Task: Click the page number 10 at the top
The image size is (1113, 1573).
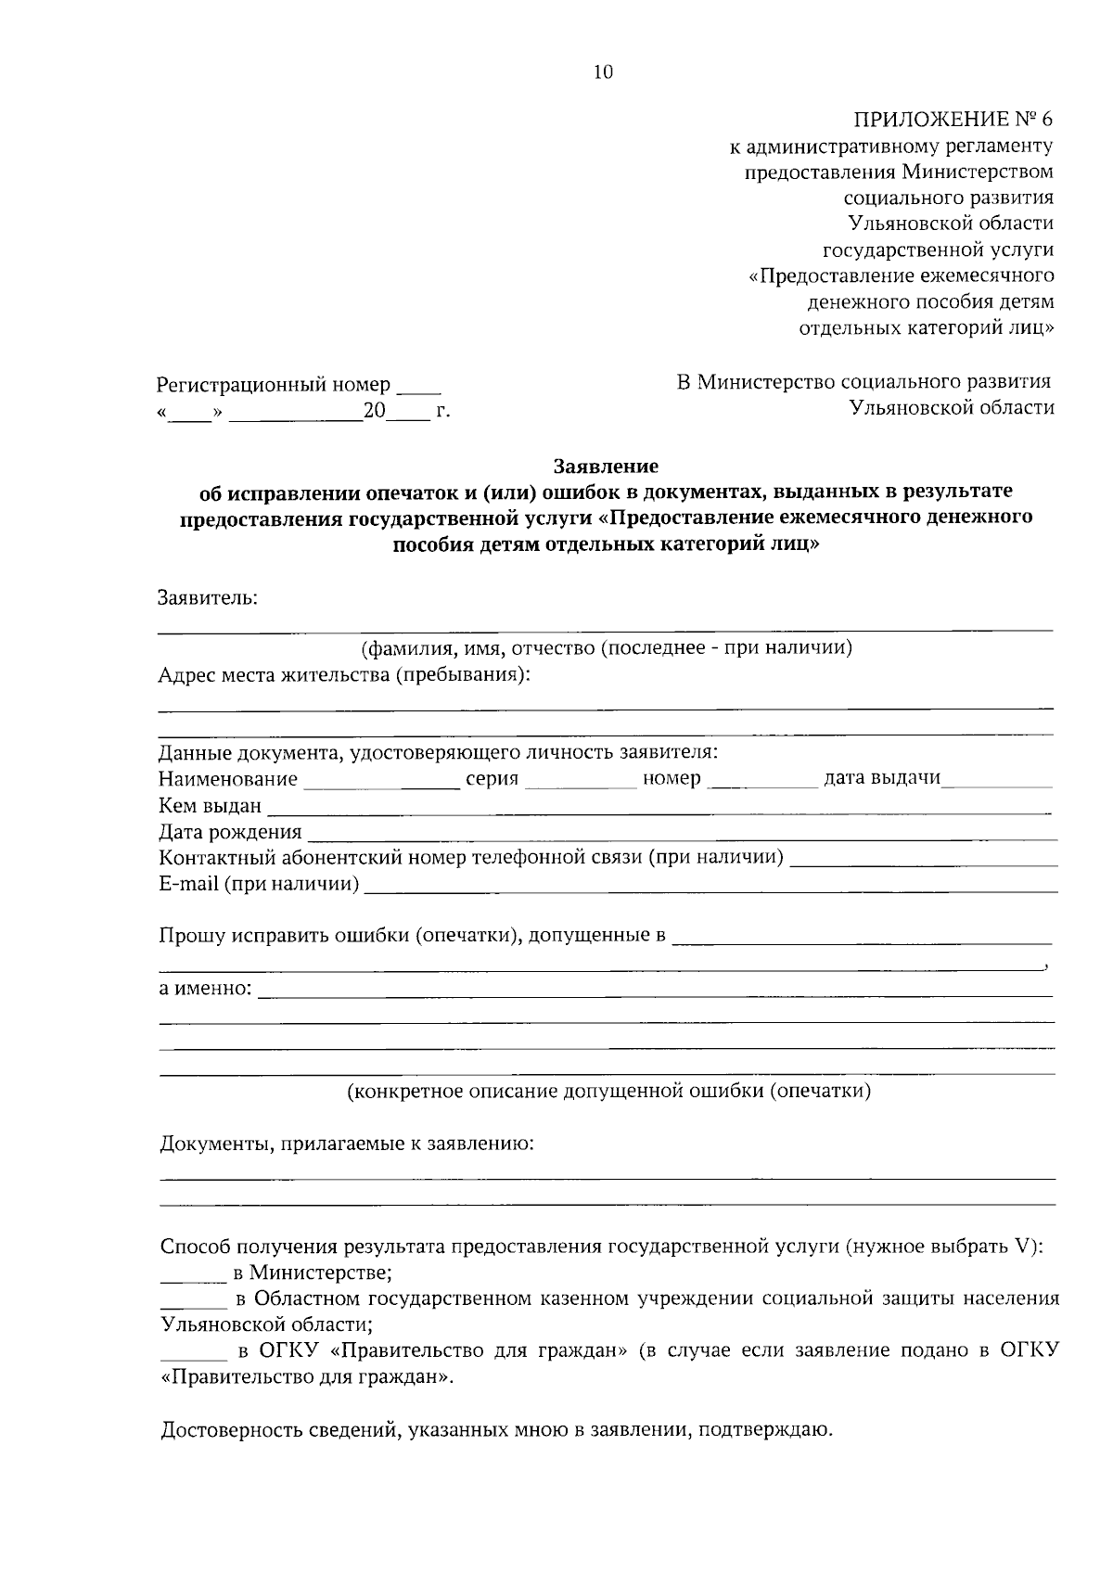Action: coord(604,72)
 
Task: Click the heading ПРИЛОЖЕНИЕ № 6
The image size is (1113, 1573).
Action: coord(953,120)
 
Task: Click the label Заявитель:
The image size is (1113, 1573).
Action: coord(208,598)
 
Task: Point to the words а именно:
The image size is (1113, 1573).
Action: coord(205,989)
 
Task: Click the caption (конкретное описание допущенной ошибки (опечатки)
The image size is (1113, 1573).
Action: coord(608,1092)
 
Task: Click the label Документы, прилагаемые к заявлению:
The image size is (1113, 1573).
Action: coord(347,1145)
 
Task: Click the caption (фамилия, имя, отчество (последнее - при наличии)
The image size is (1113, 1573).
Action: coord(607,648)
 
